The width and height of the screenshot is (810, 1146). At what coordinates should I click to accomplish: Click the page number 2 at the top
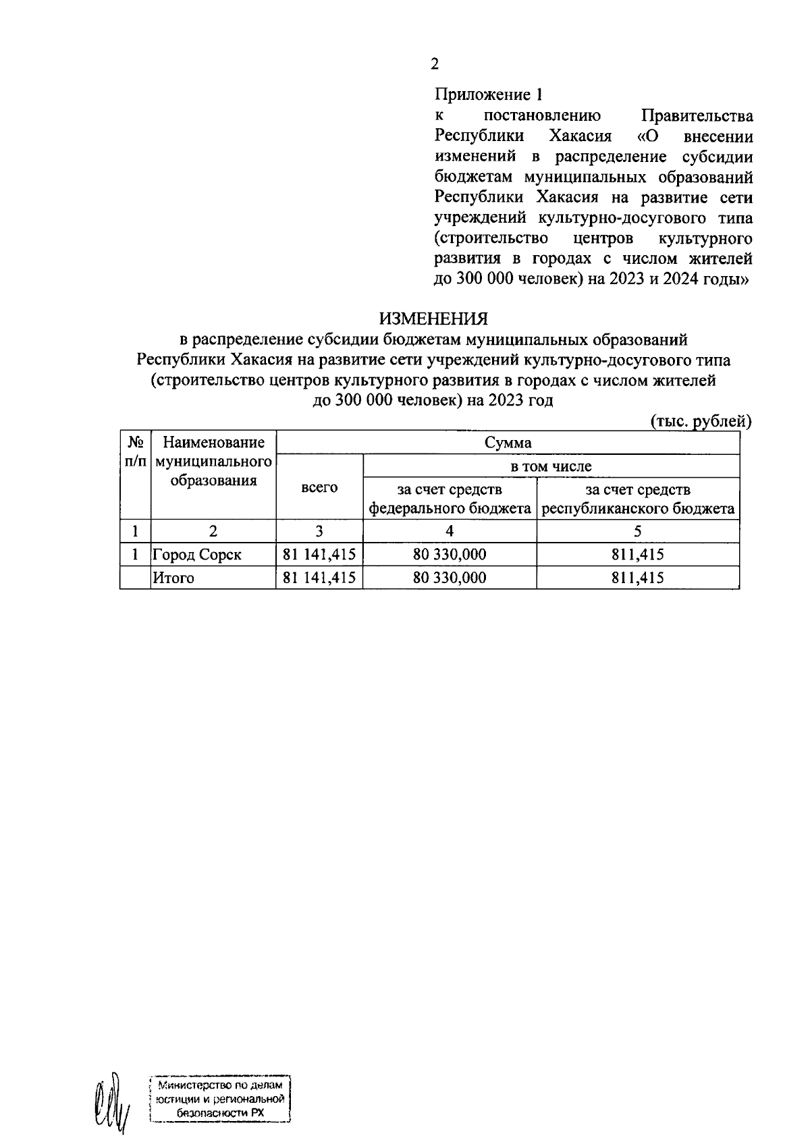click(435, 65)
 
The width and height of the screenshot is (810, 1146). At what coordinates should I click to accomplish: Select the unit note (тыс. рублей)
click(701, 421)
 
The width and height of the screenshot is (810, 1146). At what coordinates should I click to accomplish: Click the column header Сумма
click(508, 443)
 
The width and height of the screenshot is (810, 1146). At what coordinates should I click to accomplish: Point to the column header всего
click(319, 487)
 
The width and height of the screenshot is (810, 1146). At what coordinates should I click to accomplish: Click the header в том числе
click(551, 466)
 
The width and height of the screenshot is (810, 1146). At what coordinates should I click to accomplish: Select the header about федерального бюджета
click(450, 499)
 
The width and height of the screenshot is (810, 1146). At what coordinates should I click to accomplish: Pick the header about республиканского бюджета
click(638, 499)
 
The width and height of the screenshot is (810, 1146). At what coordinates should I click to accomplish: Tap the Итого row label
click(173, 578)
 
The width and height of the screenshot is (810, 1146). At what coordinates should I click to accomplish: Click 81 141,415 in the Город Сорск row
click(319, 555)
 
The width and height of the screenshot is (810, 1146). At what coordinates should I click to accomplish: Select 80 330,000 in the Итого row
click(450, 578)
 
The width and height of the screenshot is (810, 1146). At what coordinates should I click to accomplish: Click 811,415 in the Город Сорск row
click(638, 555)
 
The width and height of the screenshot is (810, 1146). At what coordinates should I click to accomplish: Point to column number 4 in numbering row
click(450, 531)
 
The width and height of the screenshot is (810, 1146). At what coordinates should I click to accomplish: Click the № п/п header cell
click(136, 452)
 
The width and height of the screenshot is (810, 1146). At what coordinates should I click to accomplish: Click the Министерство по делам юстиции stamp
click(219, 1099)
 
